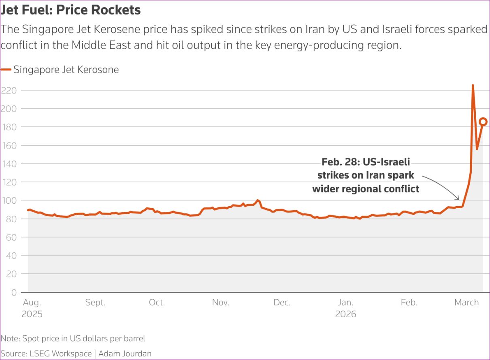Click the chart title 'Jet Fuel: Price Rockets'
pyautogui.click(x=70, y=10)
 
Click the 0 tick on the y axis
pyautogui.click(x=14, y=292)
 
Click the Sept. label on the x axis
pyautogui.click(x=95, y=302)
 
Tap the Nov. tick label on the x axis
pyautogui.click(x=221, y=302)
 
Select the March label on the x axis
pyautogui.click(x=467, y=302)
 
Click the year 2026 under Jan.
pyautogui.click(x=345, y=314)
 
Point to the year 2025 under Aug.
pyautogui.click(x=32, y=314)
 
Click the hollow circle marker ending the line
pyautogui.click(x=483, y=121)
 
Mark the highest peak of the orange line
pyautogui.click(x=473, y=85)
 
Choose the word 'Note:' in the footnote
pyautogui.click(x=11, y=339)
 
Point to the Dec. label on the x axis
pyautogui.click(x=282, y=302)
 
